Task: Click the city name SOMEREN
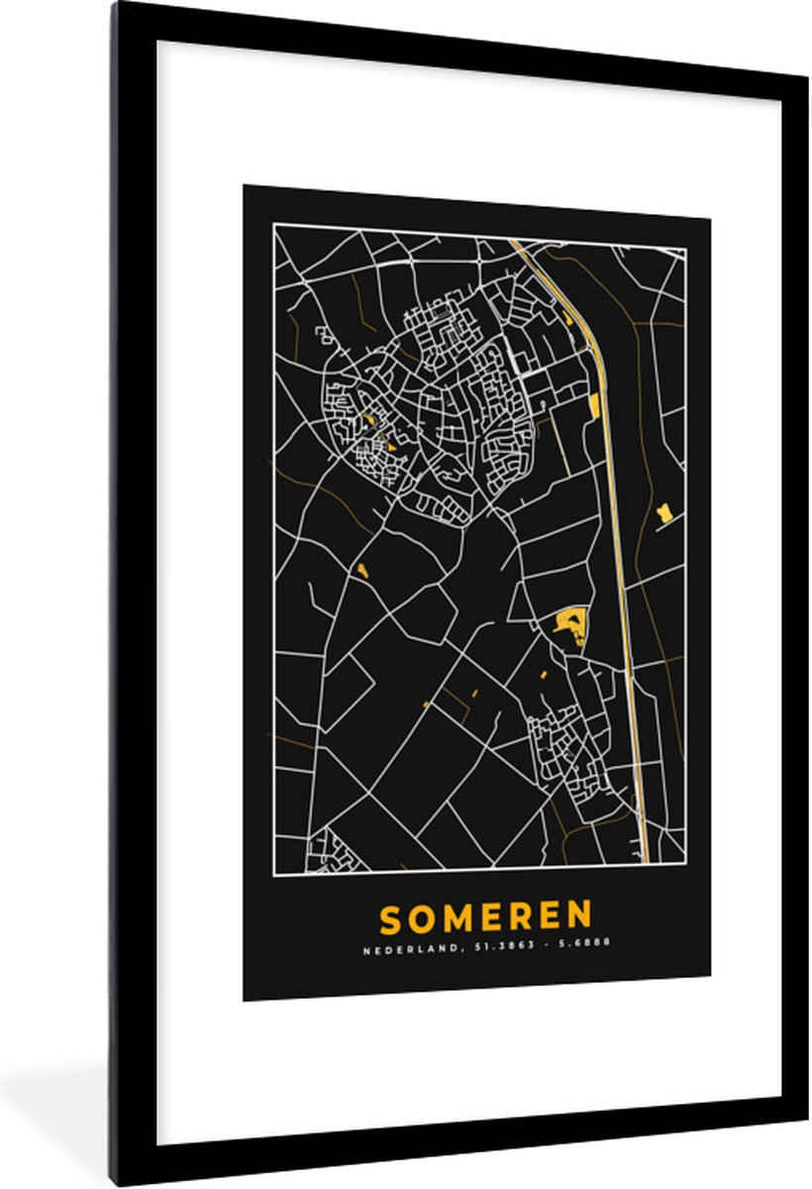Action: point(485,918)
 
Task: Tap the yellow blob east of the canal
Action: point(663,512)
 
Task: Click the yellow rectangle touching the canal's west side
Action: point(593,405)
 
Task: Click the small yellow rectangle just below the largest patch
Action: point(544,673)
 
